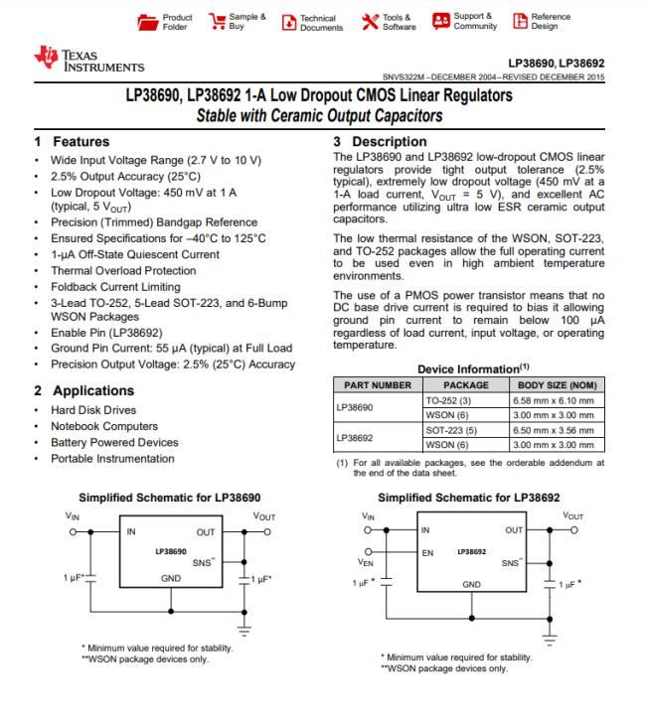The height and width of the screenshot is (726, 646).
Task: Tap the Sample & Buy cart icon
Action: (x=214, y=21)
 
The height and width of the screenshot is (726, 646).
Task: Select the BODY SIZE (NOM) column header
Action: (x=556, y=384)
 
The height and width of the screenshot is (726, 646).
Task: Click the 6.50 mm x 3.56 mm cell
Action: (x=556, y=430)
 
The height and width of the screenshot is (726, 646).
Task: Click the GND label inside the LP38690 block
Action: (x=171, y=577)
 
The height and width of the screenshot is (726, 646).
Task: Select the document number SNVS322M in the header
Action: (x=409, y=75)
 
